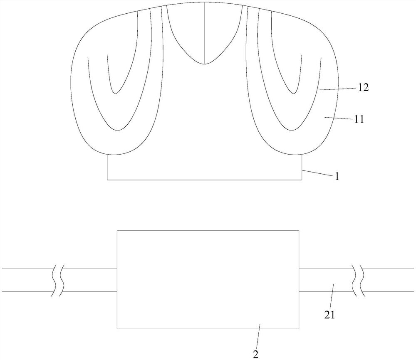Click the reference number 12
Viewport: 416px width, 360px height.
point(364,88)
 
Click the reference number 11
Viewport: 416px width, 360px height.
point(359,119)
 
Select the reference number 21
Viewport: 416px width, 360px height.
point(329,315)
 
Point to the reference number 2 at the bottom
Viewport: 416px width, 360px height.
point(255,355)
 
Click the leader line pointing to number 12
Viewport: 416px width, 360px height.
point(337,89)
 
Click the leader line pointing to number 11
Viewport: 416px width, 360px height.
point(338,118)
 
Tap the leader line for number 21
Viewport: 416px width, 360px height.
point(332,296)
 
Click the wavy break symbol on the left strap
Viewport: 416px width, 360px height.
point(58,280)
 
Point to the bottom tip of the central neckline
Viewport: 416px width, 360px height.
point(205,64)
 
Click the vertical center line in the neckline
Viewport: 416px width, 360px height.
point(205,33)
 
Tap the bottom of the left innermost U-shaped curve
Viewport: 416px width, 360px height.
point(115,93)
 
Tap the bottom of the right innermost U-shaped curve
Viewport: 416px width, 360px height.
point(293,93)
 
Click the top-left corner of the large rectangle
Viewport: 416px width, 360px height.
point(117,231)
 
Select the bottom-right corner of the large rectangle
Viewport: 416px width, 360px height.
point(299,329)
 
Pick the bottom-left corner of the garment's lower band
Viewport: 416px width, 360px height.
point(107,180)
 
